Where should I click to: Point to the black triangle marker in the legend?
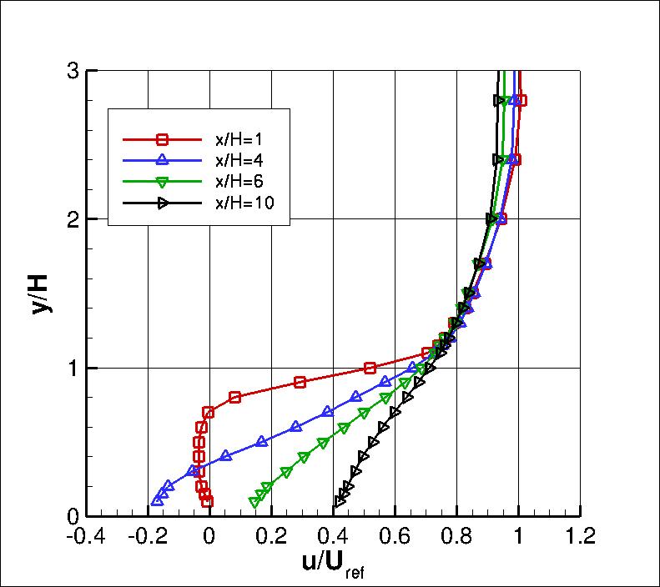(164, 203)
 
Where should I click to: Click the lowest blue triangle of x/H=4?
(157, 500)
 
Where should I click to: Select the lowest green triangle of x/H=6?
(254, 501)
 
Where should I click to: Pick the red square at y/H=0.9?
(300, 382)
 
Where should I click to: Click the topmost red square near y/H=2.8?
(521, 100)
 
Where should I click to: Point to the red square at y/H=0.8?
(234, 397)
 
